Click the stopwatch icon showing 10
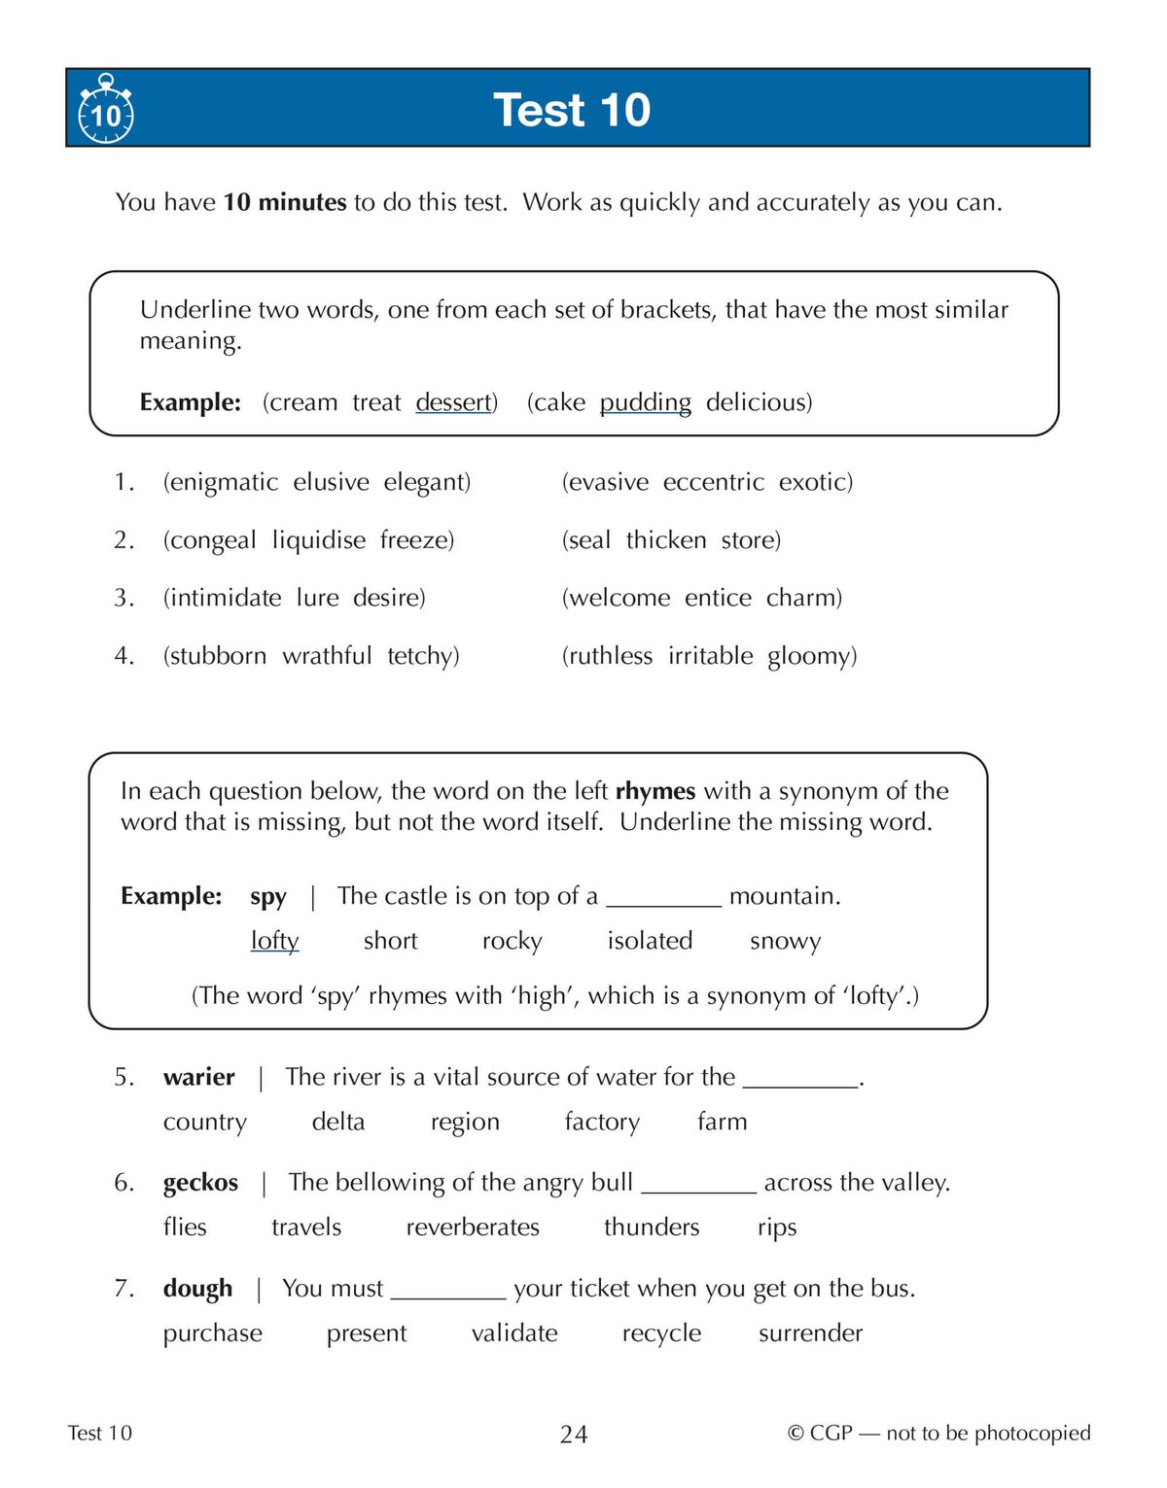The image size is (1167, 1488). [105, 110]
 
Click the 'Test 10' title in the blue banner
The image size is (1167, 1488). [572, 109]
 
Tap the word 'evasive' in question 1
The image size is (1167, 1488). [608, 482]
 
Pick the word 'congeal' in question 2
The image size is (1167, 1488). [213, 540]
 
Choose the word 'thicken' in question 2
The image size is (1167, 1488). [666, 540]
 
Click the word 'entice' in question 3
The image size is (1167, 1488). [718, 598]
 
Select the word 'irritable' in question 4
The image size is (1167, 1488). [710, 656]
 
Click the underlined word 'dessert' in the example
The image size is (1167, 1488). [453, 402]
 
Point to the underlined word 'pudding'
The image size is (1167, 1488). [645, 402]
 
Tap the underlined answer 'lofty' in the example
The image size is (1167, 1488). [274, 941]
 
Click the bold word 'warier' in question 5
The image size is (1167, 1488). [198, 1077]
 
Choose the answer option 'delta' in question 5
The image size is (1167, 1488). [337, 1122]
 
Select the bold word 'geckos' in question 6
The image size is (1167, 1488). [200, 1183]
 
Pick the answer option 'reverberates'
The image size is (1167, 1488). [472, 1228]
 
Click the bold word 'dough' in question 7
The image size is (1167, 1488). [197, 1289]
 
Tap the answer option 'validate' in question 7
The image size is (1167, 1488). [513, 1333]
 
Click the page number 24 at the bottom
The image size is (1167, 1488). [574, 1435]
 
